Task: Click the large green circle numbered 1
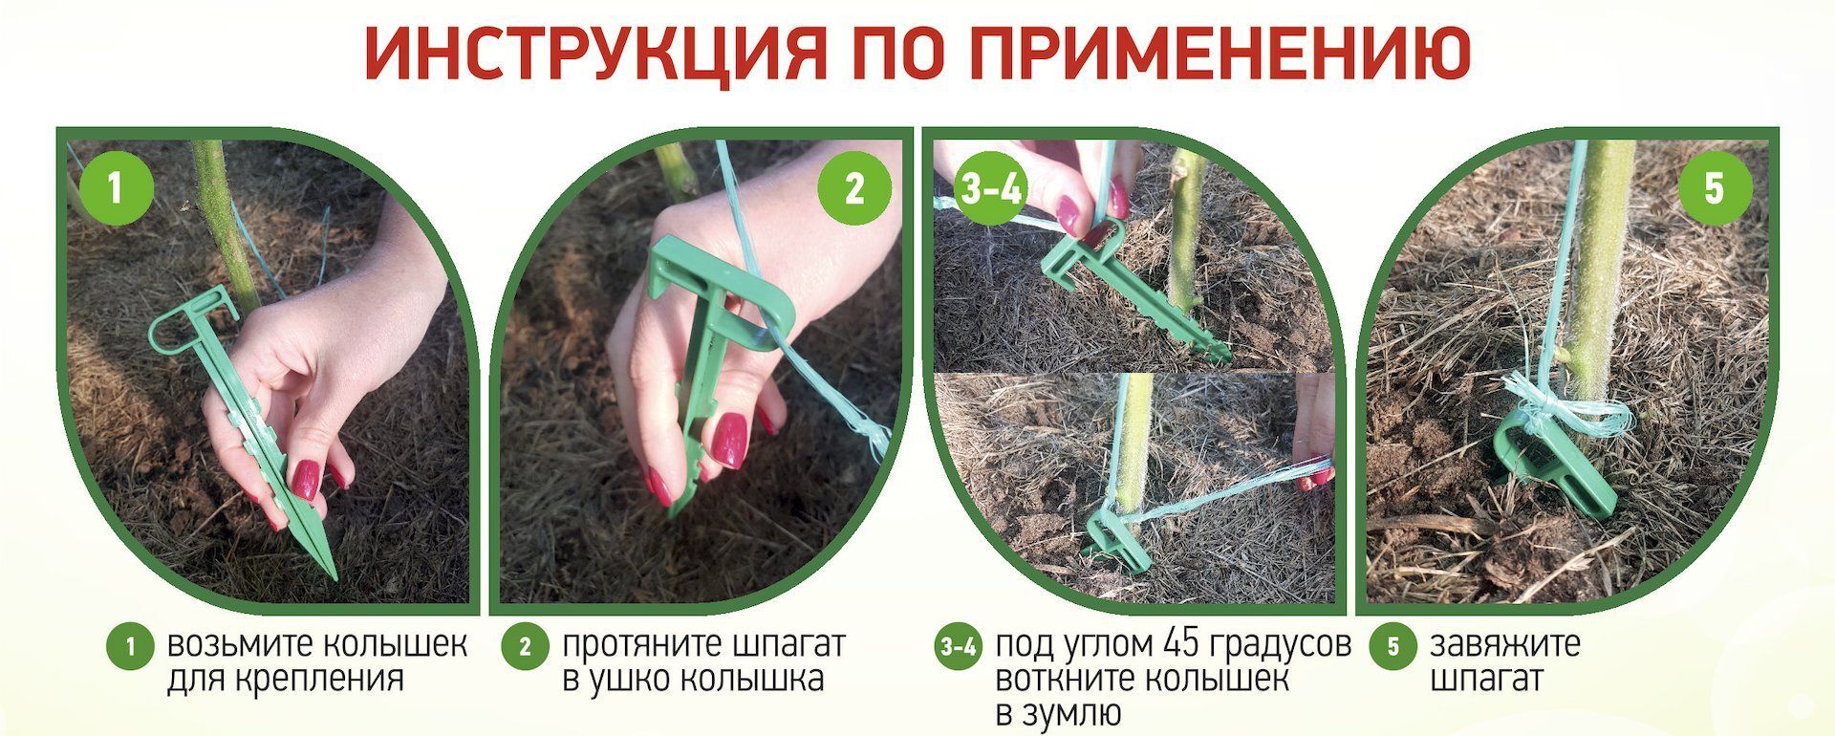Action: click(115, 187)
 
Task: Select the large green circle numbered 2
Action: click(853, 187)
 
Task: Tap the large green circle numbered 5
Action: click(1714, 187)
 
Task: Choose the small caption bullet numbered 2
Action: click(525, 647)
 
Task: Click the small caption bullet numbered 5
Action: click(1392, 647)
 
